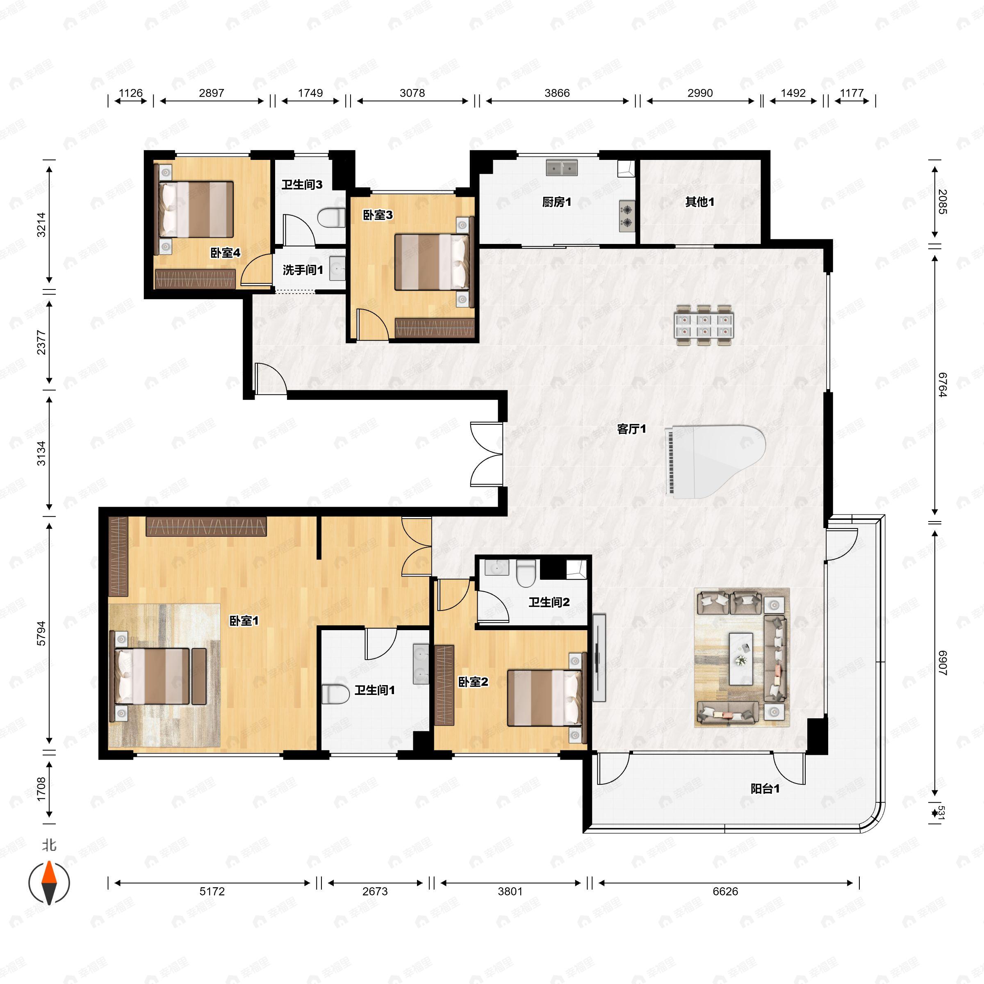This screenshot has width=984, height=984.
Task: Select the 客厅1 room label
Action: click(x=631, y=429)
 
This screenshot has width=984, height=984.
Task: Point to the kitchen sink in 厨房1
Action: click(x=562, y=167)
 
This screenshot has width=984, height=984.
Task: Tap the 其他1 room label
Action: click(x=699, y=202)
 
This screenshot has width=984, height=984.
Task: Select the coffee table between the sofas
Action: click(x=741, y=658)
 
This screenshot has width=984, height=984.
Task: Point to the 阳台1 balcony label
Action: click(x=765, y=789)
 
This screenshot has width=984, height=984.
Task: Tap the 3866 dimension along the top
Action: click(x=557, y=93)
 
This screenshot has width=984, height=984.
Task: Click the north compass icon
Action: click(x=49, y=882)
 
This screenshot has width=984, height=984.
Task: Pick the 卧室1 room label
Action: click(x=244, y=621)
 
